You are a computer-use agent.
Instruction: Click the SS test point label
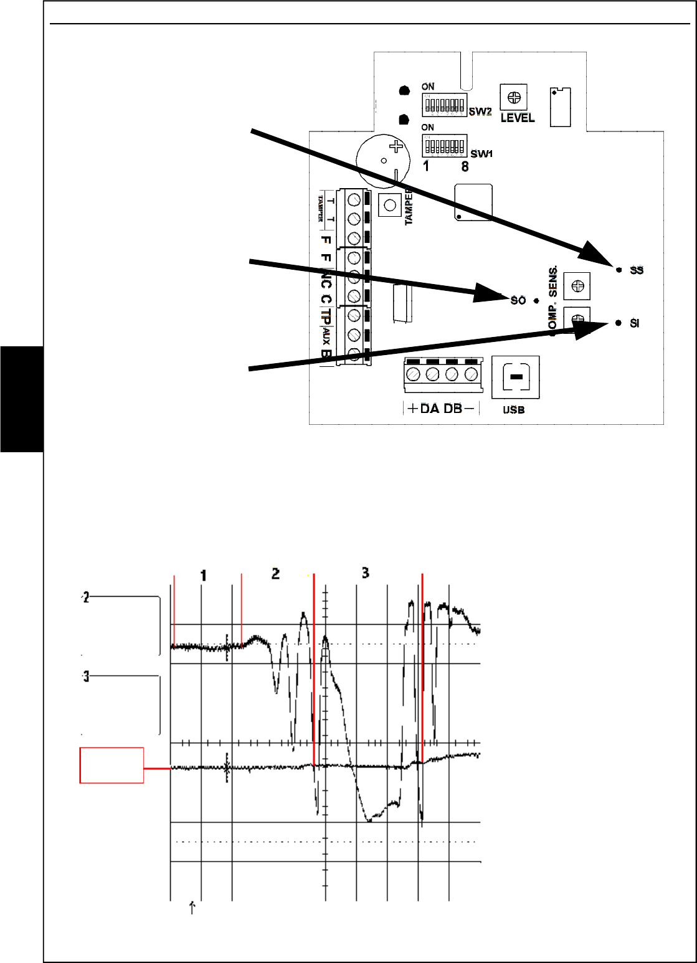point(636,270)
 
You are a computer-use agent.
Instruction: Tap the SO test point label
point(518,300)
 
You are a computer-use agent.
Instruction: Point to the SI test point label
point(634,323)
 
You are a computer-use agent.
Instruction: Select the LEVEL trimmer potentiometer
point(514,97)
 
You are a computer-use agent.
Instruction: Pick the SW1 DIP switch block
point(444,146)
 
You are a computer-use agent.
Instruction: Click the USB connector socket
point(515,377)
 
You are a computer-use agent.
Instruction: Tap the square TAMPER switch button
point(390,204)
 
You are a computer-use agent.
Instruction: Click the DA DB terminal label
point(440,409)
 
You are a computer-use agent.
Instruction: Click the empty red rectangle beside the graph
point(111,765)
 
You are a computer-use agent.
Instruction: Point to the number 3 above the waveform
point(365,572)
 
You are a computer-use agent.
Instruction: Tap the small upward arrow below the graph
point(192,907)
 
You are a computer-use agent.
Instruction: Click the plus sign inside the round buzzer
point(395,148)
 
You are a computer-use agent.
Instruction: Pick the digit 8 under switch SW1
point(465,167)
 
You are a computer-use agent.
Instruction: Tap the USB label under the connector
point(513,410)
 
